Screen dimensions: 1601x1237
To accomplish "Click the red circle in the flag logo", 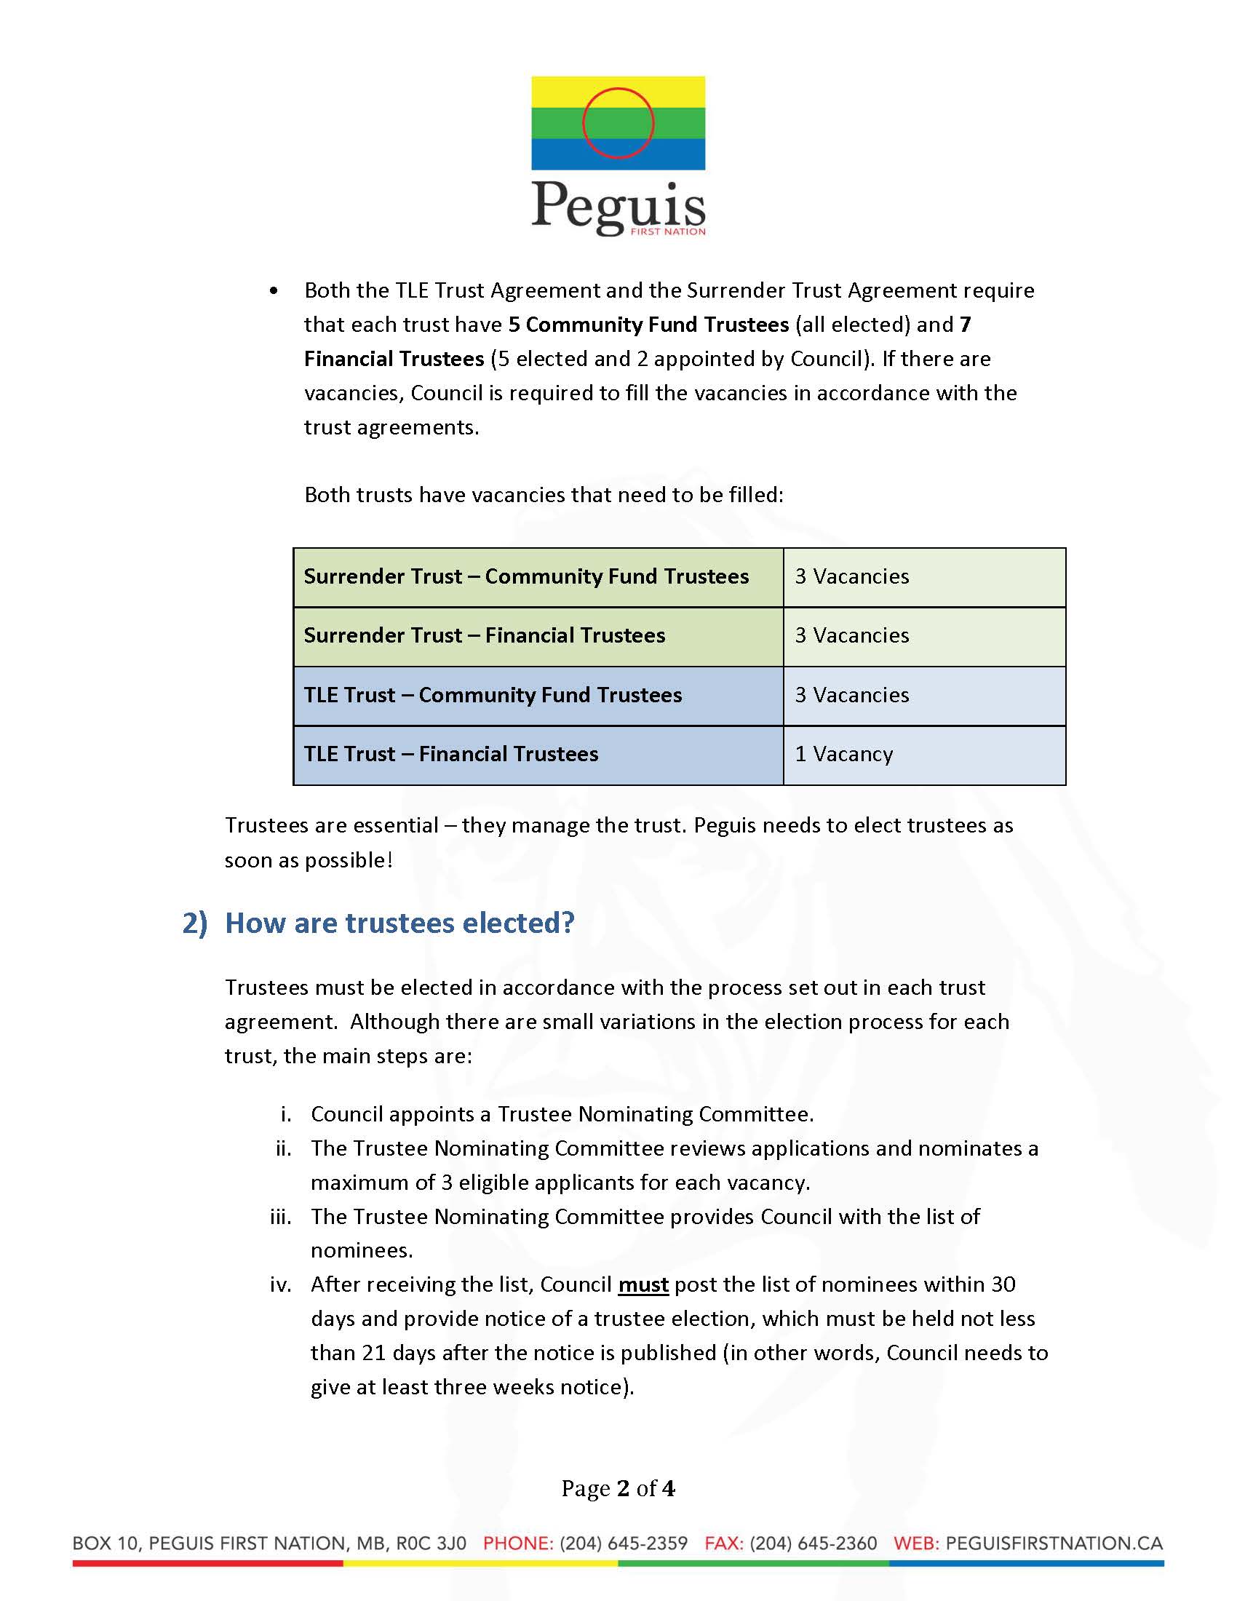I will click(x=618, y=123).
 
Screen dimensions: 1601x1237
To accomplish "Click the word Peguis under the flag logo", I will click(x=618, y=207).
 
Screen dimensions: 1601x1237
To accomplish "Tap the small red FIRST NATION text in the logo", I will click(x=667, y=231).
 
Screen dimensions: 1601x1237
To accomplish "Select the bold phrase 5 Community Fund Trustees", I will click(x=648, y=325).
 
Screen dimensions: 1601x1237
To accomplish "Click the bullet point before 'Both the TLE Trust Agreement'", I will click(x=274, y=292).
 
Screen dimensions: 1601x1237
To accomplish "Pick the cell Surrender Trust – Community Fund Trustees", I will click(x=526, y=577).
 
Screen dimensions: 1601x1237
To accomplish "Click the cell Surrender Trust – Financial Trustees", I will click(x=485, y=635).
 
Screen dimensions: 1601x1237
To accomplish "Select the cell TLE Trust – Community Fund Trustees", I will click(x=493, y=695).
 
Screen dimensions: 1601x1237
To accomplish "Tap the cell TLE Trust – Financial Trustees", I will click(x=450, y=755).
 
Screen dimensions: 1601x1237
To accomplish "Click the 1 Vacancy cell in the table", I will click(x=843, y=755).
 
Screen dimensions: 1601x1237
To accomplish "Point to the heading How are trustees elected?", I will click(x=399, y=923).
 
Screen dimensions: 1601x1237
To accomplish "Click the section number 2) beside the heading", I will click(x=195, y=923).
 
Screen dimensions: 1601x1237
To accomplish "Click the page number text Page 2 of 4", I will click(x=618, y=1488).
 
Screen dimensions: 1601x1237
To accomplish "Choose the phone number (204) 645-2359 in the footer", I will click(x=623, y=1543).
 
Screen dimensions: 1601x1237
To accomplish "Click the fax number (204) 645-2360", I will click(x=813, y=1543).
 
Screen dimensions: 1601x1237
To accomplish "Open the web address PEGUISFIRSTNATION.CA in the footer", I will click(x=1054, y=1543).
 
